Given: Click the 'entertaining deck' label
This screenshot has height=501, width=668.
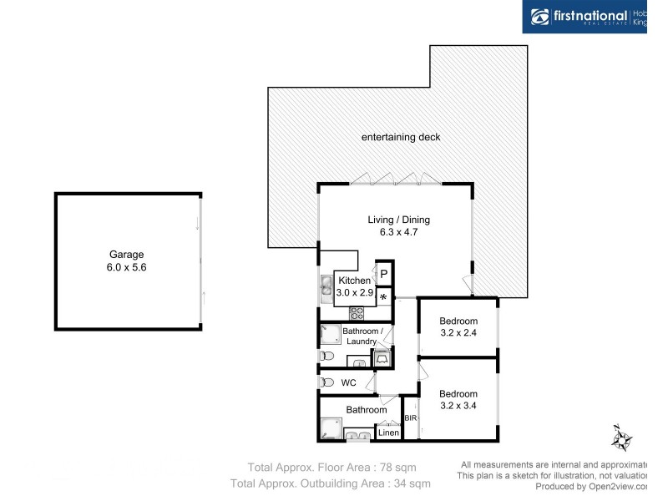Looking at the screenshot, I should [400, 137].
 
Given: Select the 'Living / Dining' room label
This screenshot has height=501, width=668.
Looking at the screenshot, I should [398, 220].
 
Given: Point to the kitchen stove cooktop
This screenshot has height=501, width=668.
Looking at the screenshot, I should [357, 314].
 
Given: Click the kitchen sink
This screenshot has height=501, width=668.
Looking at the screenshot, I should [326, 289].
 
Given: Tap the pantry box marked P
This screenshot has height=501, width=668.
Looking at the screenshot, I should [383, 274].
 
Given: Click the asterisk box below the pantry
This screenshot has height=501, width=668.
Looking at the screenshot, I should [383, 297].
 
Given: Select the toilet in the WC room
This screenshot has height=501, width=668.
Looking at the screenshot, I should [326, 382].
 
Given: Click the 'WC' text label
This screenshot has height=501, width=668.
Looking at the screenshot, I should [349, 382].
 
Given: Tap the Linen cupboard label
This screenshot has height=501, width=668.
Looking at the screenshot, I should [388, 433].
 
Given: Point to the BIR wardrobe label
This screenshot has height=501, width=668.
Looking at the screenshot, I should [410, 418].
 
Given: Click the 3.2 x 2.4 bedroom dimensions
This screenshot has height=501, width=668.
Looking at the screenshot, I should [458, 333].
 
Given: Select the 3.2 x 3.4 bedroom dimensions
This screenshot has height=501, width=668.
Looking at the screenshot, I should [458, 406].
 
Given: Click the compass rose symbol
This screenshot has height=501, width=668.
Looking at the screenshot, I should [621, 437].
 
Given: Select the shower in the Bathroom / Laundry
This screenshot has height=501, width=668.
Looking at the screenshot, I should [329, 336].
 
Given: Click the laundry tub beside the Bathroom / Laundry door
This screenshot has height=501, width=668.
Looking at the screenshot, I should [382, 358].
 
